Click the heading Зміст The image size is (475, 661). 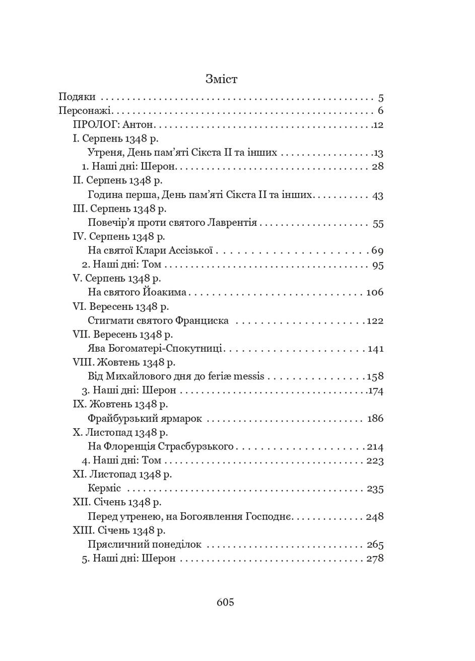(221, 79)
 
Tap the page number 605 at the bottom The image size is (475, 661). (225, 602)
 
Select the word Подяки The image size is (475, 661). (77, 97)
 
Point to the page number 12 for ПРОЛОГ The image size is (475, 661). (378, 125)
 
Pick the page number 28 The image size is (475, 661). (377, 167)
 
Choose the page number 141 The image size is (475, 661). (376, 349)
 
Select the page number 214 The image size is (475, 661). (375, 447)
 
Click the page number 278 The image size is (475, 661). (375, 559)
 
